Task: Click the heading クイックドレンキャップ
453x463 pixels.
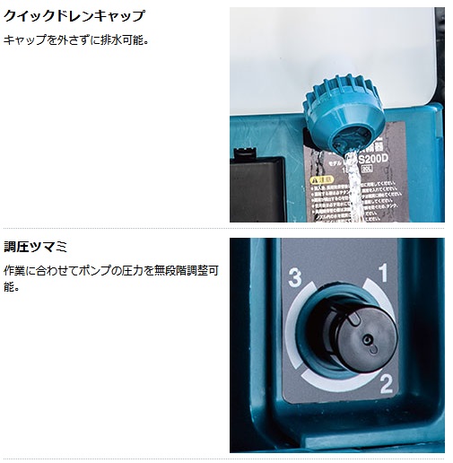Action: [x=74, y=17]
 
